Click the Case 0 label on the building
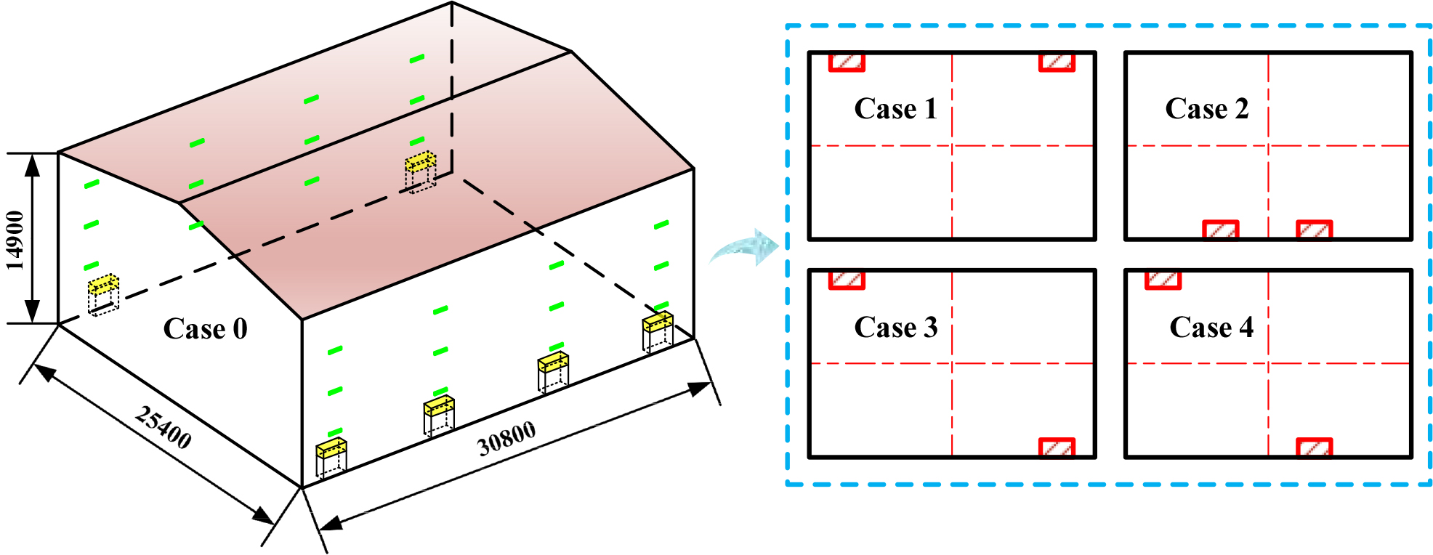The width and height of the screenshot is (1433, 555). coord(205,329)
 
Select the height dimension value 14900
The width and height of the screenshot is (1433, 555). coord(15,240)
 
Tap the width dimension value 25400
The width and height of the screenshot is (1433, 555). coord(164,428)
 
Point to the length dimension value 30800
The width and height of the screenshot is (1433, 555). coord(506,439)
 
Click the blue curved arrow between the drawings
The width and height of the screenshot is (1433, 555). coord(746,247)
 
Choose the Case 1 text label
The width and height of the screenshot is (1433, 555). coord(895,109)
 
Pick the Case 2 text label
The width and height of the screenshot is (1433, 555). coord(1206,109)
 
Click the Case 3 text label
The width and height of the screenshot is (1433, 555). coord(895,328)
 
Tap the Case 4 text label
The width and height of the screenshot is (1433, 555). coord(1211,328)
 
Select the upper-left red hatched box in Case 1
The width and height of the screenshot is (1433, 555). coord(847,62)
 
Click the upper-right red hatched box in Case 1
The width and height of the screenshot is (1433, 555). coord(1057,62)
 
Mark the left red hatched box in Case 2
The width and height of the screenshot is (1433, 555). coord(1221,230)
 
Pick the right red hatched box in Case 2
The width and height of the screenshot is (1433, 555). coord(1314,230)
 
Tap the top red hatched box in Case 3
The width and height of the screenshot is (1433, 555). coord(847,280)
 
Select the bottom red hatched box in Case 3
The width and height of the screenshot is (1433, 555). coord(1057,447)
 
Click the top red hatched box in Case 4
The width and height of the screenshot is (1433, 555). coord(1163,280)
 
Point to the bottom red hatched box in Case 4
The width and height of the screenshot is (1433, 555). coord(1314,447)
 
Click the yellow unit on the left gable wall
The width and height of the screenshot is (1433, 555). coord(103,285)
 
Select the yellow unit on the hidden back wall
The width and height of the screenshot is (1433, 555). coord(420,162)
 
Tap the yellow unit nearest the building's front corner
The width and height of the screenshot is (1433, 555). coord(331,449)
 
